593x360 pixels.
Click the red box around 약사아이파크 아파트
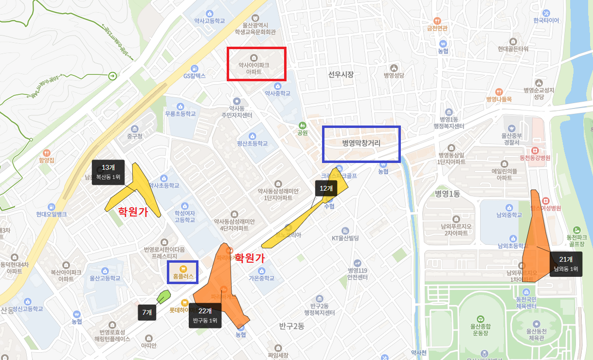click(x=257, y=64)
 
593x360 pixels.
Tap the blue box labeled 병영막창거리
click(x=361, y=144)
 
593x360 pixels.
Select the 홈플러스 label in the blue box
click(x=183, y=272)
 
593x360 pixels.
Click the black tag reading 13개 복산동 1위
click(x=108, y=172)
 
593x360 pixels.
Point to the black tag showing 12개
click(x=326, y=188)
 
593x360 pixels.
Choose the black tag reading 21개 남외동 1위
click(x=566, y=264)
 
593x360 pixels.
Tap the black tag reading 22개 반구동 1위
click(x=205, y=315)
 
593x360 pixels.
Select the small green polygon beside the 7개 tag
click(x=163, y=296)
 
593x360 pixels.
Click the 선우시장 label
click(x=341, y=74)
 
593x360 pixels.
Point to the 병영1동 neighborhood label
click(x=448, y=194)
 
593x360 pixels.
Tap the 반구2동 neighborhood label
click(x=292, y=326)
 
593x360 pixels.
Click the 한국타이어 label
click(x=546, y=21)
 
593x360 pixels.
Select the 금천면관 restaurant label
click(x=437, y=28)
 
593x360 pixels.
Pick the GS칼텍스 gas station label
click(x=195, y=76)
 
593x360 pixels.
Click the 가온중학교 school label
click(x=261, y=278)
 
